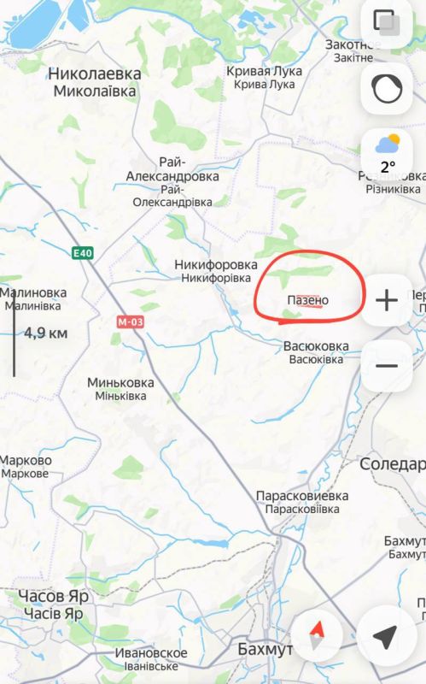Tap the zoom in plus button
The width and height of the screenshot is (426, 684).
pyautogui.click(x=387, y=300)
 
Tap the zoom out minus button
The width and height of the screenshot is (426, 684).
pyautogui.click(x=387, y=366)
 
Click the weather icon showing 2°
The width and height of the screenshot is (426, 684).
pyautogui.click(x=388, y=153)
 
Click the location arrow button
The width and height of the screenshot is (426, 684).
pyautogui.click(x=387, y=636)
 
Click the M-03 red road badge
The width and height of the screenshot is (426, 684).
pyautogui.click(x=128, y=321)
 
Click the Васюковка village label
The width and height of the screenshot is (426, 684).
pyautogui.click(x=316, y=346)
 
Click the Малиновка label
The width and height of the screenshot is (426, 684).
pyautogui.click(x=34, y=292)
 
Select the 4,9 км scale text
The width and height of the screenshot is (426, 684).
pyautogui.click(x=45, y=333)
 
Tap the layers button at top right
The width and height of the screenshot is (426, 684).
pyautogui.click(x=388, y=24)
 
